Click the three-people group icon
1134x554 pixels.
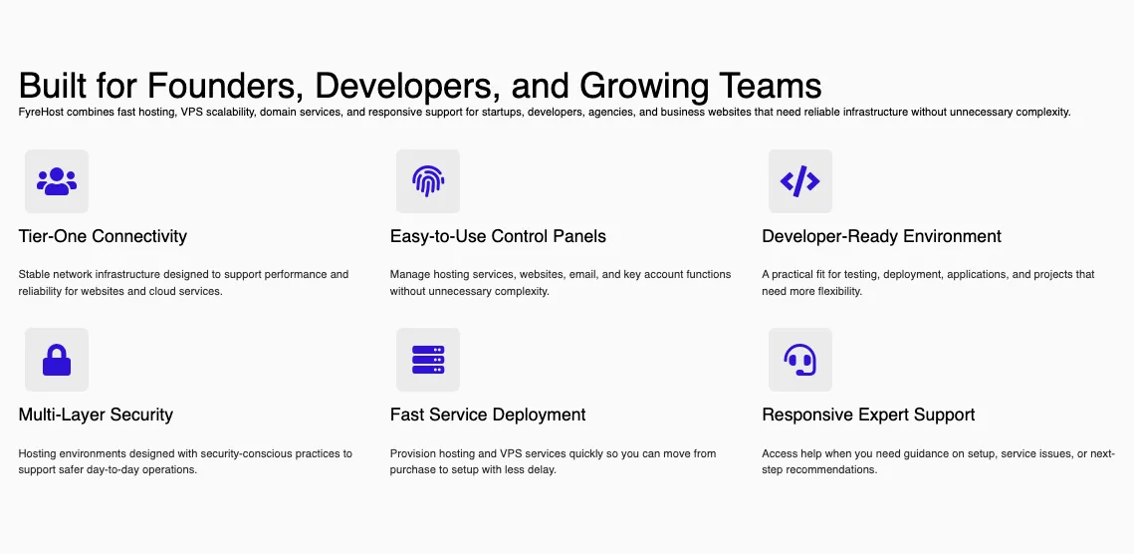(x=57, y=181)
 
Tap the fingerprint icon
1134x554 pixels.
(x=428, y=181)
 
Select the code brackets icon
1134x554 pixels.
(x=799, y=181)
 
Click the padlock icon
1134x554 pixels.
(x=57, y=360)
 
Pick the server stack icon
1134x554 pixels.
(x=428, y=360)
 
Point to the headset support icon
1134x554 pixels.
(x=799, y=360)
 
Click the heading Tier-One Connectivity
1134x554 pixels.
(x=103, y=236)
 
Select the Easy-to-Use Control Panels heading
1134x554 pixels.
(x=498, y=236)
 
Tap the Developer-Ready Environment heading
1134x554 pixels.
(x=881, y=236)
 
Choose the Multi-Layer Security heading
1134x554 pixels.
(x=96, y=415)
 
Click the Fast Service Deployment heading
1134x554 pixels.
(x=488, y=415)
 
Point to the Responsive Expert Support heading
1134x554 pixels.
(x=868, y=415)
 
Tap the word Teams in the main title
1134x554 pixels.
(x=771, y=86)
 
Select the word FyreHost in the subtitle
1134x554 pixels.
(x=41, y=113)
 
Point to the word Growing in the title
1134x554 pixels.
(x=643, y=87)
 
